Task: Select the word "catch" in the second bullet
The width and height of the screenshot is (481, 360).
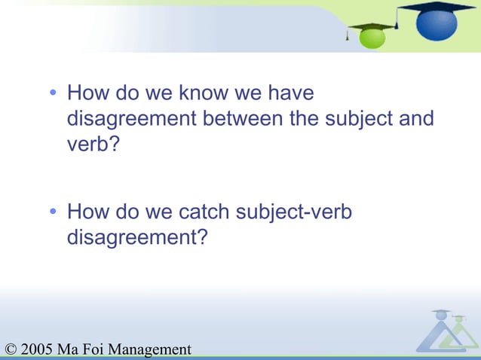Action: (204, 213)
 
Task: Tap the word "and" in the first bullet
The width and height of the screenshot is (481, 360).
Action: (418, 119)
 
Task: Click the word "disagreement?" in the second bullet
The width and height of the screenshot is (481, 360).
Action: (137, 237)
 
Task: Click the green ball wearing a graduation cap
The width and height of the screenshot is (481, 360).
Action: (371, 35)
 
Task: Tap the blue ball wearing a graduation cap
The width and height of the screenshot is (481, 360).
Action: (436, 21)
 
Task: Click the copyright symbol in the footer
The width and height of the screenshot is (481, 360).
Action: (10, 349)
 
